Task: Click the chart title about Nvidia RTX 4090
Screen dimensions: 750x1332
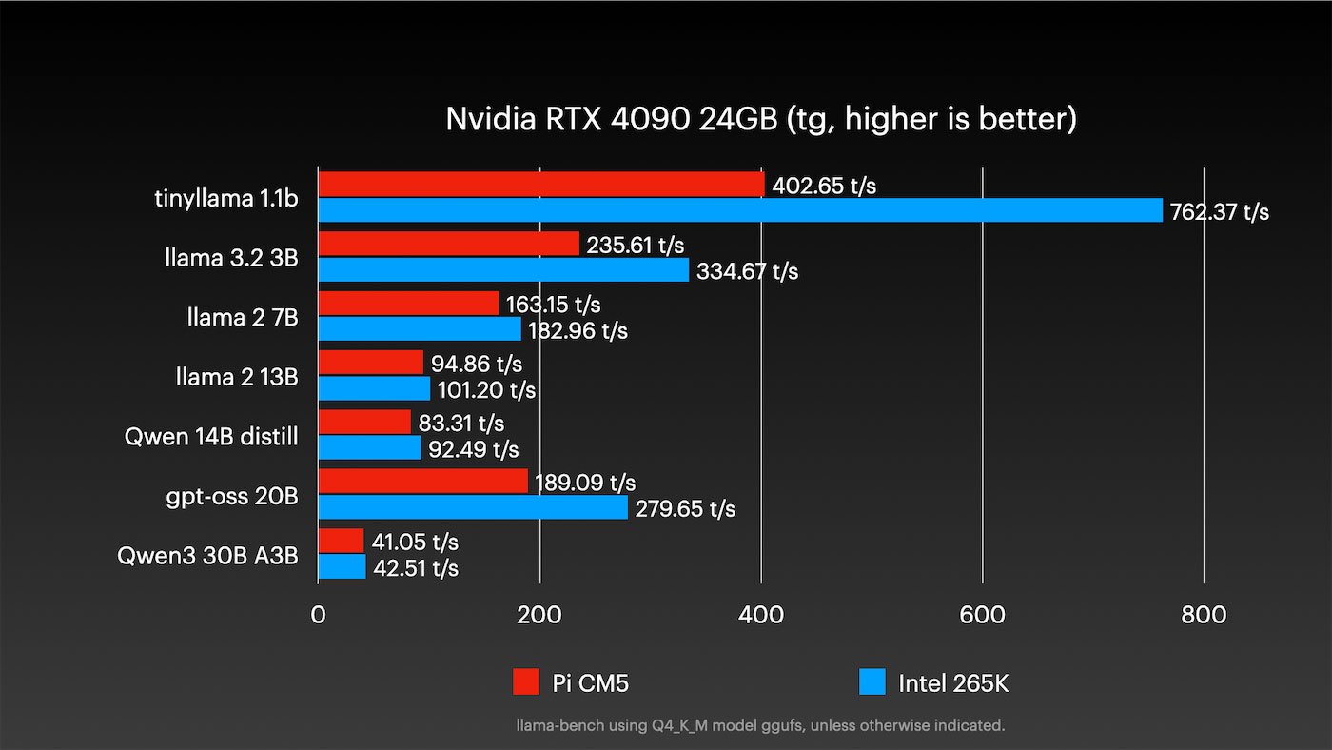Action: coord(761,119)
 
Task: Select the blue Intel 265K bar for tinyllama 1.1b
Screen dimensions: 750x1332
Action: coord(740,210)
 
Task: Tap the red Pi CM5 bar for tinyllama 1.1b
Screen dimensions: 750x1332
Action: coord(540,185)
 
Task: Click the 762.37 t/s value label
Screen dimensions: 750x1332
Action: coord(1220,211)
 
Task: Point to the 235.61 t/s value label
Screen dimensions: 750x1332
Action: coord(636,245)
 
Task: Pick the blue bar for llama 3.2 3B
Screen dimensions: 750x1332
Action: coord(503,270)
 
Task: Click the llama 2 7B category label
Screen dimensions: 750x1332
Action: coord(243,317)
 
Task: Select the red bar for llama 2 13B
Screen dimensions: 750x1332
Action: coord(370,363)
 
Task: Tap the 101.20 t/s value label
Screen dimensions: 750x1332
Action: coord(486,390)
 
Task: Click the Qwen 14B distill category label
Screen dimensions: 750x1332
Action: coord(211,437)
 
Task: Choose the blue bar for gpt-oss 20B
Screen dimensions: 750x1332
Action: coord(473,507)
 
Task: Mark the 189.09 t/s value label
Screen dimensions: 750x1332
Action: coord(585,483)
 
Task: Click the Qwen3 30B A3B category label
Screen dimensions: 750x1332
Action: coord(207,556)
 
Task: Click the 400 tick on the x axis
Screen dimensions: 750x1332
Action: coord(761,615)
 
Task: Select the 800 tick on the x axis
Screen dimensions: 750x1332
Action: coord(1204,615)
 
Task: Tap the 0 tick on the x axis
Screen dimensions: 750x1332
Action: coord(318,615)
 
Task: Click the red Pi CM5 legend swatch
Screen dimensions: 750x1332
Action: coord(526,681)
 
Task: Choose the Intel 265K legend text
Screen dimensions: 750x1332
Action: coord(953,682)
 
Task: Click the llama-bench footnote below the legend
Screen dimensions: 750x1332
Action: coord(760,725)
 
